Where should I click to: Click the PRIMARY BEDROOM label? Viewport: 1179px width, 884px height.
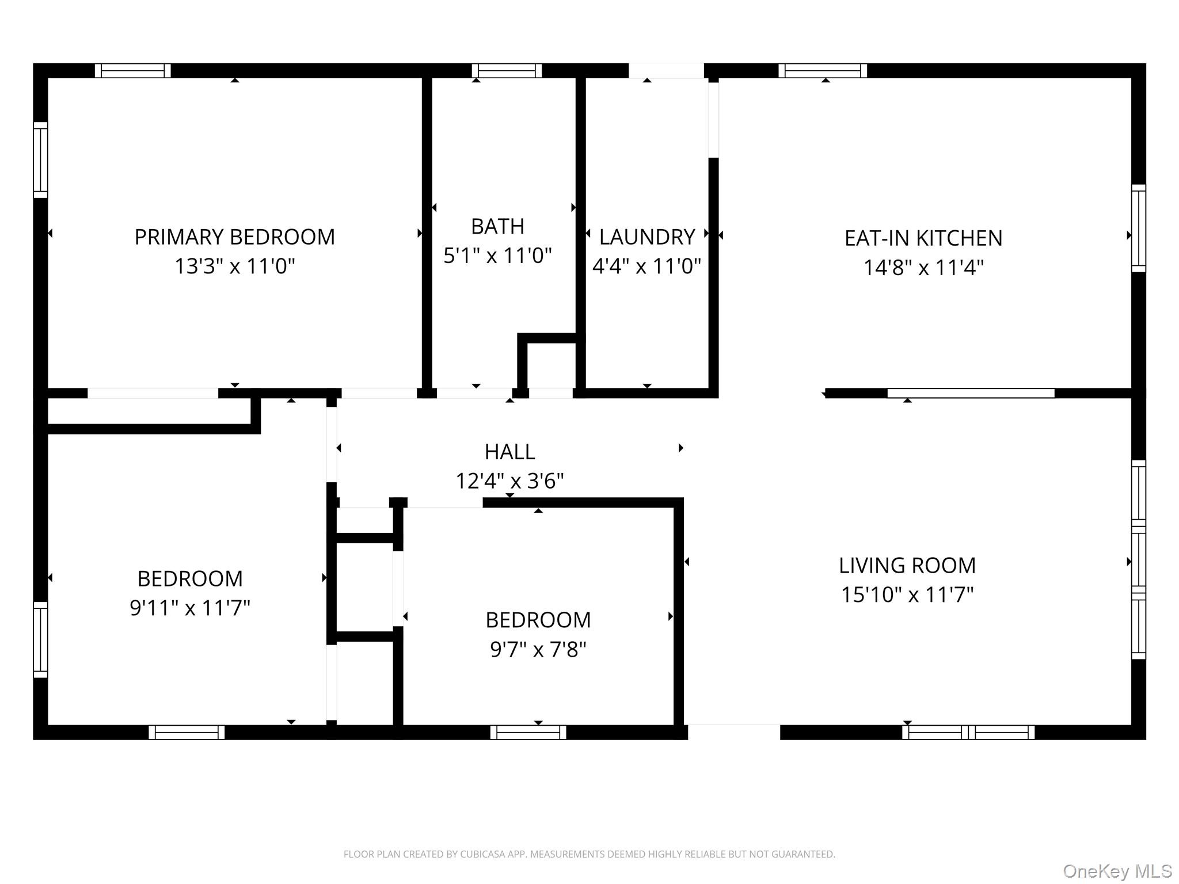[234, 237]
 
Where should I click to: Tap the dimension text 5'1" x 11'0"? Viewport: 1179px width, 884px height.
[497, 256]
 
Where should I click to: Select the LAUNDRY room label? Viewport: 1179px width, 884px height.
[646, 237]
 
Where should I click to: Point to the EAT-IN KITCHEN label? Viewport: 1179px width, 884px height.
[923, 238]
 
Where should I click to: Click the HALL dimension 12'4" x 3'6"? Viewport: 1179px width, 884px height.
[509, 481]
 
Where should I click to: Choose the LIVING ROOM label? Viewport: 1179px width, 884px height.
[907, 566]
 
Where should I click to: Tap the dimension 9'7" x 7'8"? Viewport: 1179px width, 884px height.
[538, 650]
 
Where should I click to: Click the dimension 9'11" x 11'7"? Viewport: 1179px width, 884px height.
[190, 608]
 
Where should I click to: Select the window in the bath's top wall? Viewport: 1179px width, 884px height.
[507, 71]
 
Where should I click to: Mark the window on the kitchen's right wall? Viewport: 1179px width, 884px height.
[1138, 228]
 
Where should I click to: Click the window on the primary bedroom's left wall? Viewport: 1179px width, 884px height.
[40, 159]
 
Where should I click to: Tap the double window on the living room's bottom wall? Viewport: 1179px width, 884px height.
[968, 732]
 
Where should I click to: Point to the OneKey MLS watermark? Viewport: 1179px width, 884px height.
[1117, 871]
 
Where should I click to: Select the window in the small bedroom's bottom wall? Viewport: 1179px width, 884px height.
[528, 732]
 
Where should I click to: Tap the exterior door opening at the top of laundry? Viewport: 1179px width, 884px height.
[666, 71]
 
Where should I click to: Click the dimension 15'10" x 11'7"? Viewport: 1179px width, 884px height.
[907, 595]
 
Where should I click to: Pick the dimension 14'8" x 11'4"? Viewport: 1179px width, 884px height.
[923, 268]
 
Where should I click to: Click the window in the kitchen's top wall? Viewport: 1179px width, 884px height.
[823, 71]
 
